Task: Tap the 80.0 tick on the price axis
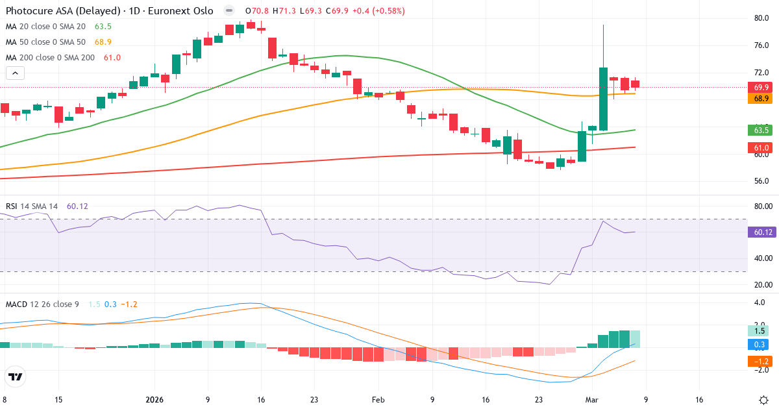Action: point(761,18)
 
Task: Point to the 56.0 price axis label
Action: point(761,181)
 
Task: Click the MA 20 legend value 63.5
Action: point(103,27)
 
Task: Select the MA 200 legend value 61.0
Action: point(112,58)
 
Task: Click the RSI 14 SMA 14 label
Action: point(32,206)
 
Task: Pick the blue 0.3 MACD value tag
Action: point(758,344)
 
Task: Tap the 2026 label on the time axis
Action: point(155,399)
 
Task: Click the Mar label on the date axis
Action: point(592,399)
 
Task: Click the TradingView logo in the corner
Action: point(16,377)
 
